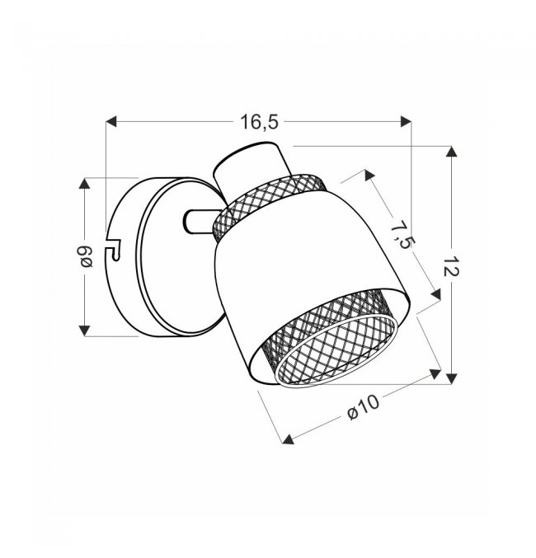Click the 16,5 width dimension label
click(x=259, y=122)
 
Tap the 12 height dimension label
click(x=451, y=265)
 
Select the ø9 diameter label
click(x=86, y=257)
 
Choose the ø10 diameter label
click(x=364, y=407)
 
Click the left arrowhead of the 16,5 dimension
click(x=111, y=121)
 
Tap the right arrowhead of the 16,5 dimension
click(x=406, y=121)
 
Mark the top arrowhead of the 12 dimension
click(x=452, y=151)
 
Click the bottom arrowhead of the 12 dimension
click(x=452, y=378)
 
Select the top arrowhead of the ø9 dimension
click(x=84, y=183)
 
